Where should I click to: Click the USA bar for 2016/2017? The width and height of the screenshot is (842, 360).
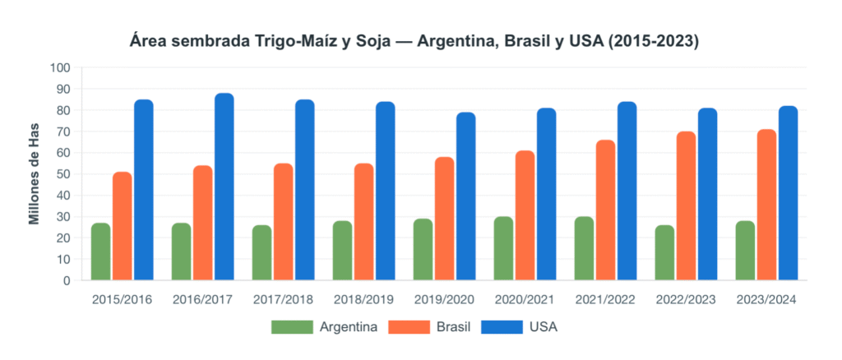[224, 187]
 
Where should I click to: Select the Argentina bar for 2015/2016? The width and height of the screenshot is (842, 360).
[101, 252]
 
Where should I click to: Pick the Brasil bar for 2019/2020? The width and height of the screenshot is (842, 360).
[445, 219]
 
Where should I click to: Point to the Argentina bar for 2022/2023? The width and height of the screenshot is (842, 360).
[665, 252]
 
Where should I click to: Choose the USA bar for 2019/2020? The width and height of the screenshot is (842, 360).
[466, 196]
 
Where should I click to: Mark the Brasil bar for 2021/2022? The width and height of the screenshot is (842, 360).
[606, 210]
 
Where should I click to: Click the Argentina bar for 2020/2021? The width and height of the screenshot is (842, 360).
[504, 248]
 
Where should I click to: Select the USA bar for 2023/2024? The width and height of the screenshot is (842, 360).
[789, 193]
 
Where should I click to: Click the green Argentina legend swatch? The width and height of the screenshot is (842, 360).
[292, 327]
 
